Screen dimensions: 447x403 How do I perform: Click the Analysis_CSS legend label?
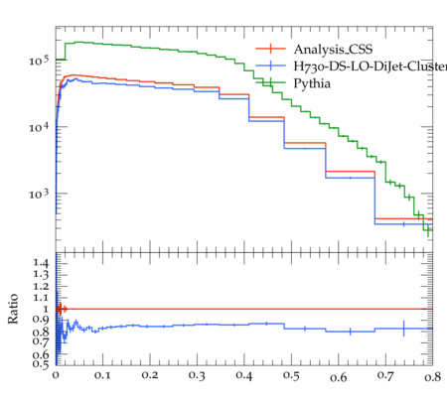[333, 50]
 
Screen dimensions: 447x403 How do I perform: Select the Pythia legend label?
[312, 83]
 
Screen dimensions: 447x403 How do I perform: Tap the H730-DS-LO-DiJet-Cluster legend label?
[371, 67]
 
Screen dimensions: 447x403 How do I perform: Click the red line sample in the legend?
[270, 49]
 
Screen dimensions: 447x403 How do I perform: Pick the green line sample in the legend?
[270, 82]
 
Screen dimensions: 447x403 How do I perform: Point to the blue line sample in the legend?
[270, 66]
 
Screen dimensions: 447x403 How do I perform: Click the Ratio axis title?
[13, 309]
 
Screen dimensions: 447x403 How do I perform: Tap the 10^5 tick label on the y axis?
[39, 61]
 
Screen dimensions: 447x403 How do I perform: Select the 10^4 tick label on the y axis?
[39, 127]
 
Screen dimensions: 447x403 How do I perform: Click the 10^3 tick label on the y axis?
[39, 194]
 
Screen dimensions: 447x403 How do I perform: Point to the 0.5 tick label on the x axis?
[291, 376]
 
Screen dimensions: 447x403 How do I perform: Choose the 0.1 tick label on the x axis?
[102, 375]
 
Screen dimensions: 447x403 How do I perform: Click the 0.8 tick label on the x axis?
[433, 376]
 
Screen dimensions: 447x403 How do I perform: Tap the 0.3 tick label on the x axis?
[197, 376]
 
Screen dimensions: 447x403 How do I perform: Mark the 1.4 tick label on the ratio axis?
[41, 264]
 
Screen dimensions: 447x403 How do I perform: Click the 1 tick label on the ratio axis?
[46, 309]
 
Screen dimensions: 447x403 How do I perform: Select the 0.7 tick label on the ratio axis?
[41, 340]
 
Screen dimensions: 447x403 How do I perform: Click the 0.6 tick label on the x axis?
[339, 377]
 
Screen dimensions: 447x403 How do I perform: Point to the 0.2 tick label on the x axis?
[150, 375]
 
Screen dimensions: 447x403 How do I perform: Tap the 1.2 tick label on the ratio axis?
[41, 286]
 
